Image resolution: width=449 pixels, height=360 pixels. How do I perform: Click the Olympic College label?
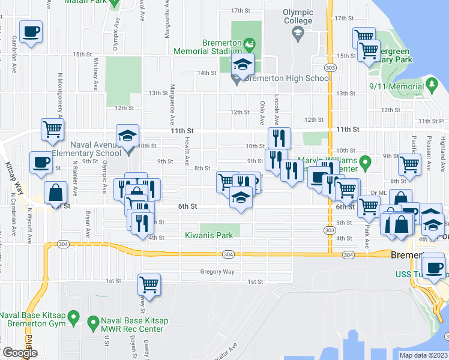(298, 16)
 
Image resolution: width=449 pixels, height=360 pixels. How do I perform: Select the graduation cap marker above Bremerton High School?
(244, 65)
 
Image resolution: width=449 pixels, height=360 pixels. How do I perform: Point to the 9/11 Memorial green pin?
(431, 83)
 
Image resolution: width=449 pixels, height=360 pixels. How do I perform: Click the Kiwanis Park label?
(208, 236)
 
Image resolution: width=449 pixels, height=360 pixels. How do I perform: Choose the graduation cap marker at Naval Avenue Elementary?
(127, 136)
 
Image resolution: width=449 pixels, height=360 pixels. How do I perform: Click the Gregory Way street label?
(217, 272)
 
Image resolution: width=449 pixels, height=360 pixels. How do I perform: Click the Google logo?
(19, 353)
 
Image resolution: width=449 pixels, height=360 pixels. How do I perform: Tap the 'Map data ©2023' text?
(423, 355)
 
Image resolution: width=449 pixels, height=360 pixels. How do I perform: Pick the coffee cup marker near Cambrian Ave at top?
(31, 32)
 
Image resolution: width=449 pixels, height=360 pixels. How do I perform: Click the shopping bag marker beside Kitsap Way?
(55, 193)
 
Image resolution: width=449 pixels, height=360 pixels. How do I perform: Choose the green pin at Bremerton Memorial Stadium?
(250, 43)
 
